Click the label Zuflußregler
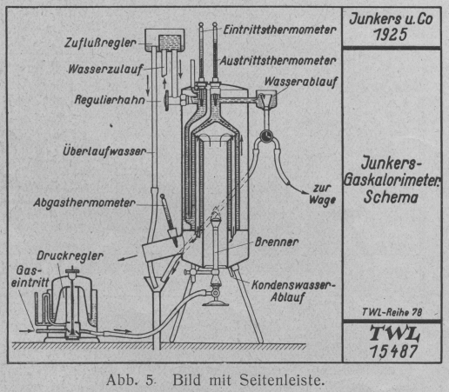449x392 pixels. (x=100, y=43)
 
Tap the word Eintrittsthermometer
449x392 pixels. (x=279, y=30)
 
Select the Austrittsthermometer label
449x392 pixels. (x=278, y=61)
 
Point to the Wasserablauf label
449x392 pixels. (x=301, y=82)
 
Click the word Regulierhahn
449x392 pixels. (x=110, y=100)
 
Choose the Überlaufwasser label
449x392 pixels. (x=104, y=151)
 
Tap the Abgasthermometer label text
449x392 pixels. (x=84, y=203)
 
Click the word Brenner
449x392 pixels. (x=277, y=242)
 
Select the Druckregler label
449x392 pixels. (x=70, y=256)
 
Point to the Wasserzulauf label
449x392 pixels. (x=105, y=70)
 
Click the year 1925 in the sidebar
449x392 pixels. (x=391, y=35)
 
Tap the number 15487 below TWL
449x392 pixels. (x=393, y=352)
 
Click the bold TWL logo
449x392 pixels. (x=394, y=334)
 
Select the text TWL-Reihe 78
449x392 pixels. (x=392, y=312)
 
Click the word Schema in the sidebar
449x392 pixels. (x=391, y=197)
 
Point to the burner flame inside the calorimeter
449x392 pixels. (x=216, y=214)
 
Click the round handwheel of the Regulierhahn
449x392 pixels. (x=167, y=100)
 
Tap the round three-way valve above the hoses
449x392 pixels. (x=265, y=136)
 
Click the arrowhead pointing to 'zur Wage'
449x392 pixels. (x=305, y=192)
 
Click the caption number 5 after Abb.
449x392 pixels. (x=150, y=380)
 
